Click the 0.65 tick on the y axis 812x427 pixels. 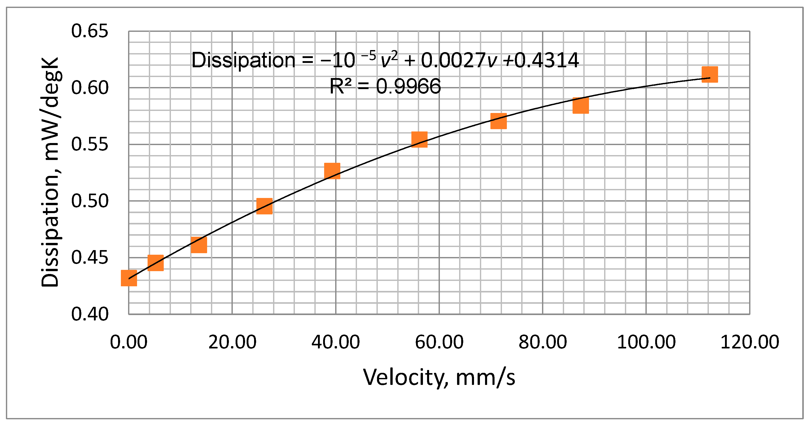pos(90,31)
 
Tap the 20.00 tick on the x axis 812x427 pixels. pos(232,342)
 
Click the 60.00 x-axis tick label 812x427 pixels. pos(439,342)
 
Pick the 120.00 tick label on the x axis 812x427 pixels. pos(750,342)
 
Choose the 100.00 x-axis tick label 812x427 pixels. pos(646,342)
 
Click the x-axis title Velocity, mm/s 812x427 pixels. pos(439,377)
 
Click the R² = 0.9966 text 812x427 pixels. pos(385,86)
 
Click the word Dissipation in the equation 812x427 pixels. pos(243,60)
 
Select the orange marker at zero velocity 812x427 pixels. pos(129,278)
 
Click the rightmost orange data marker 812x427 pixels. pos(710,74)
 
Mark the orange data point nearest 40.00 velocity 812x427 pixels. pos(332,171)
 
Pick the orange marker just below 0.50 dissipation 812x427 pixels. pos(264,206)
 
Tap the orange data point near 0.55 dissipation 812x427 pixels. pos(419,140)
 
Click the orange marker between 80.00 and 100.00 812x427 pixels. pos(580,106)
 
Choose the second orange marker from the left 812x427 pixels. pos(156,263)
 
